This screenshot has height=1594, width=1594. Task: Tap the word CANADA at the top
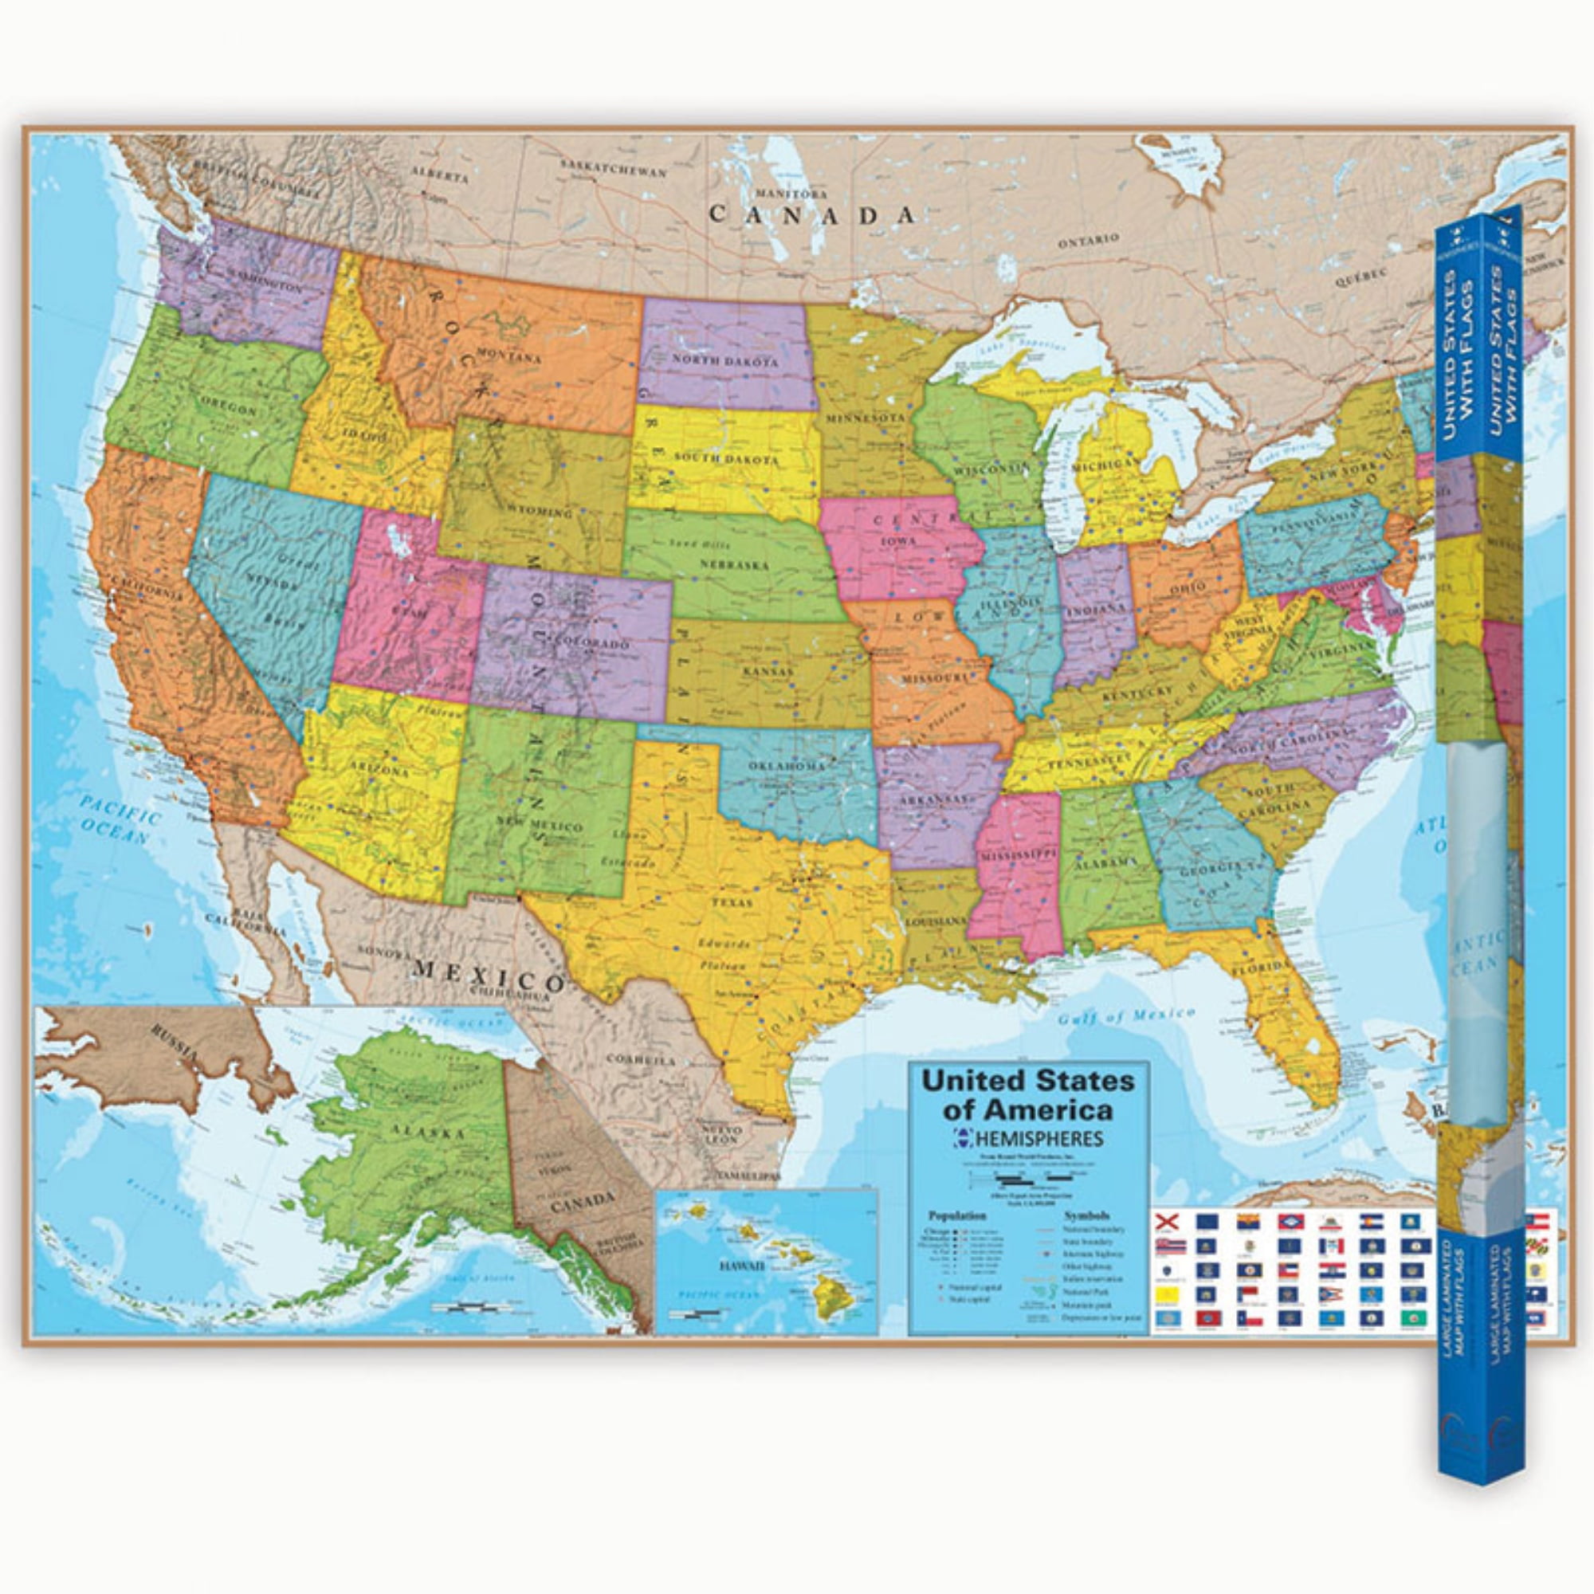pos(813,215)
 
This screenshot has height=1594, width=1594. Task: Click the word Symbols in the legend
pos(1086,1215)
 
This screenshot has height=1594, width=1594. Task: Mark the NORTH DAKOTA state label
pos(724,361)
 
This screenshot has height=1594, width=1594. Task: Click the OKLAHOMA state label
pos(786,768)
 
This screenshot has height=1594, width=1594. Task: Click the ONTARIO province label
pos(1088,240)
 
